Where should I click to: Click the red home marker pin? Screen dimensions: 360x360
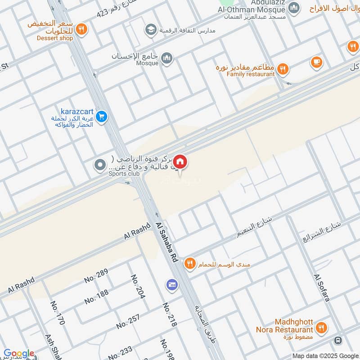tap(180, 162)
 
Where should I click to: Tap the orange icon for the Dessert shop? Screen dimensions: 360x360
tap(81, 29)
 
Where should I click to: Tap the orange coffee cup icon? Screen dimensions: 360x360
tap(316, 62)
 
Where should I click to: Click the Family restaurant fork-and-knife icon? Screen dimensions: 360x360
tap(282, 69)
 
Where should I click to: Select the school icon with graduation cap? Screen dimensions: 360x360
tap(150, 30)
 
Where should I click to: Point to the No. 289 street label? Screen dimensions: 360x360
tap(96, 275)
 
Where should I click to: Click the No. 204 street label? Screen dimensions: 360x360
tap(138, 287)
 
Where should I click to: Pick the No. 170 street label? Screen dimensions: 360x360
tap(58, 313)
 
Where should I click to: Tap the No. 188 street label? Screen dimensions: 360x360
tap(96, 296)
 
